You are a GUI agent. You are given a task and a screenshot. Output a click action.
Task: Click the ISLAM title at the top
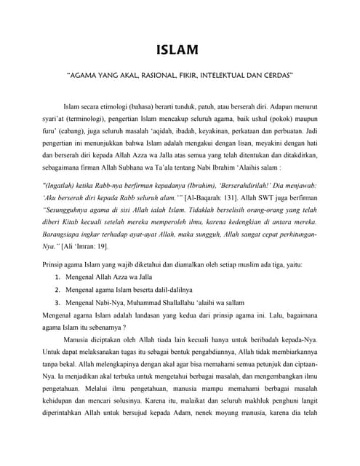click(180, 50)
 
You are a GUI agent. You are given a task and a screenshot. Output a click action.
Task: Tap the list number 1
click(57, 277)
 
